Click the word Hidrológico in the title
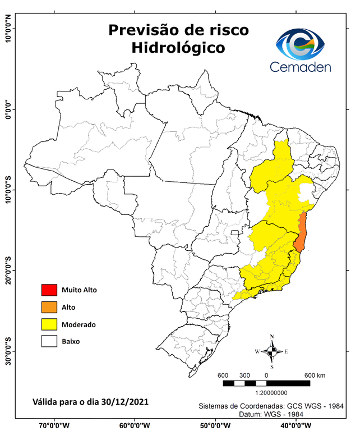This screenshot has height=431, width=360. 178,48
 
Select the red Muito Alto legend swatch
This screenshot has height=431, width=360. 49,290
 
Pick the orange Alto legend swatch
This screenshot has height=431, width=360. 49,307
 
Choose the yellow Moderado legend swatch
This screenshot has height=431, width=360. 49,324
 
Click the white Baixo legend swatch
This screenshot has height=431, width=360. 49,341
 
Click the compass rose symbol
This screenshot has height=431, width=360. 272,352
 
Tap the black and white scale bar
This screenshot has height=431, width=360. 266,383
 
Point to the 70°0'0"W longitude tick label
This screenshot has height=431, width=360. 54,425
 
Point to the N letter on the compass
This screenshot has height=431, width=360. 272,337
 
